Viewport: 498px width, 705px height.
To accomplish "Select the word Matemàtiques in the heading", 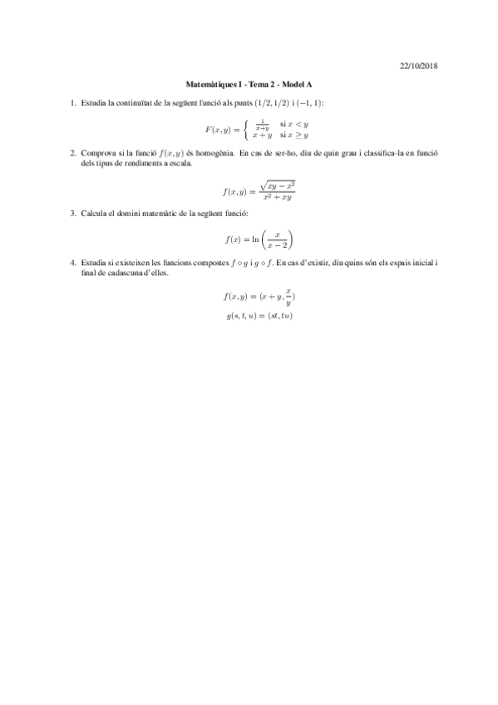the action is [210, 84].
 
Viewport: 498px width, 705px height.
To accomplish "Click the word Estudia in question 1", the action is [93, 102].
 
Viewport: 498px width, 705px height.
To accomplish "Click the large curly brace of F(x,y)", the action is [248, 129].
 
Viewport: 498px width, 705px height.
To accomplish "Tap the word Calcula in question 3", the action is [93, 214].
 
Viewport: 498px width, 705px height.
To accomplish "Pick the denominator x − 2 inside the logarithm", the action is [278, 245].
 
